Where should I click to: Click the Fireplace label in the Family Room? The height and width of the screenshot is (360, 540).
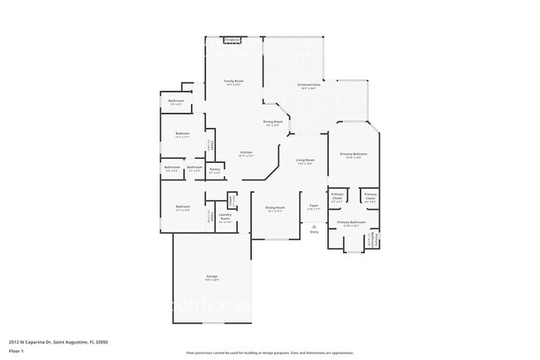(233, 39)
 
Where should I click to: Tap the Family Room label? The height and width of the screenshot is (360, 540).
(233, 81)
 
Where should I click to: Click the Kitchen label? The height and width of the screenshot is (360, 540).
(246, 153)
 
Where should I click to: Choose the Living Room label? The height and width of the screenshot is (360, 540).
(305, 160)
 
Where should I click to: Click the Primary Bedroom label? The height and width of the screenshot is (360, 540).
(353, 155)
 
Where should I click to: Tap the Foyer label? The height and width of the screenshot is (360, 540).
(314, 206)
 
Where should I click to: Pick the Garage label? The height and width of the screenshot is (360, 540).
(213, 277)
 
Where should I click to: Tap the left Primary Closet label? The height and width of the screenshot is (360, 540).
(336, 196)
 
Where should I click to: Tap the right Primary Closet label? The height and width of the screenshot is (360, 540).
(370, 196)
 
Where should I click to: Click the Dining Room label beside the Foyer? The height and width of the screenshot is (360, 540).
(275, 208)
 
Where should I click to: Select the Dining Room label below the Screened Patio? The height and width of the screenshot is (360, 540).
(273, 122)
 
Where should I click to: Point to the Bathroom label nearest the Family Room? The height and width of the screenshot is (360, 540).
(176, 101)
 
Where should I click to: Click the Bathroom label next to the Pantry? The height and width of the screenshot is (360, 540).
(194, 168)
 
